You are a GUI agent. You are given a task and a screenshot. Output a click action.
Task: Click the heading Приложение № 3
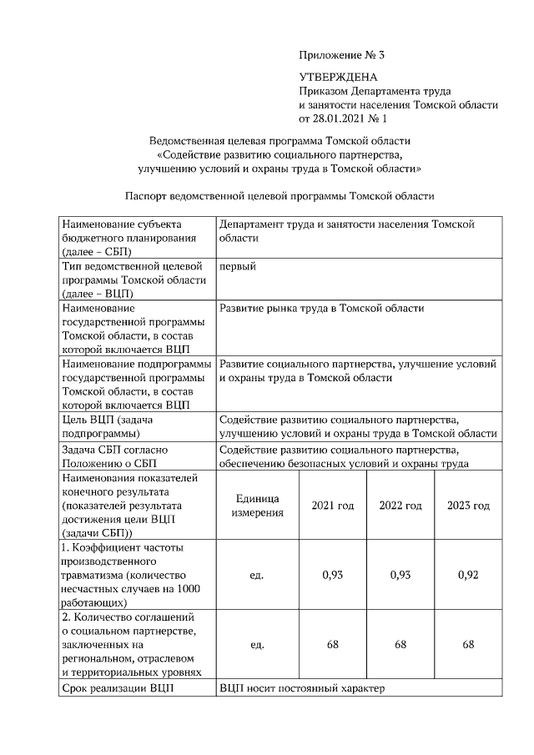(x=342, y=56)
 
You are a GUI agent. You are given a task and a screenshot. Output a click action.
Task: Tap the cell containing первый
(x=237, y=266)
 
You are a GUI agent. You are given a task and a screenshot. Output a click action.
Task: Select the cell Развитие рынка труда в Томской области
(x=321, y=309)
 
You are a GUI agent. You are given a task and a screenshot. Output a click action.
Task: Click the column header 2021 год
(x=333, y=506)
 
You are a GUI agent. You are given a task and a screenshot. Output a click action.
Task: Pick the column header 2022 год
(x=400, y=506)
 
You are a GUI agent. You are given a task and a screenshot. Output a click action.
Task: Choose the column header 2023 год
(x=468, y=506)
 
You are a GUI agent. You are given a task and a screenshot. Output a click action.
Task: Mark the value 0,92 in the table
(x=468, y=576)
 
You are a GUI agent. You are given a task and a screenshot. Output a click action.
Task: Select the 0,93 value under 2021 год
(x=333, y=576)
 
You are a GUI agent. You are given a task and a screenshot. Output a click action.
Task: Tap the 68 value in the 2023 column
(x=468, y=645)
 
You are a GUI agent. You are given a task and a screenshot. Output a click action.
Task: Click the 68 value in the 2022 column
(x=400, y=645)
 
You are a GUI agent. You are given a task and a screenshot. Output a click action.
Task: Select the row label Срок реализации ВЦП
(x=116, y=688)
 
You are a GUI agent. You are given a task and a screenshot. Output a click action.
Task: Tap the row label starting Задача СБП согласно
(x=117, y=456)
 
